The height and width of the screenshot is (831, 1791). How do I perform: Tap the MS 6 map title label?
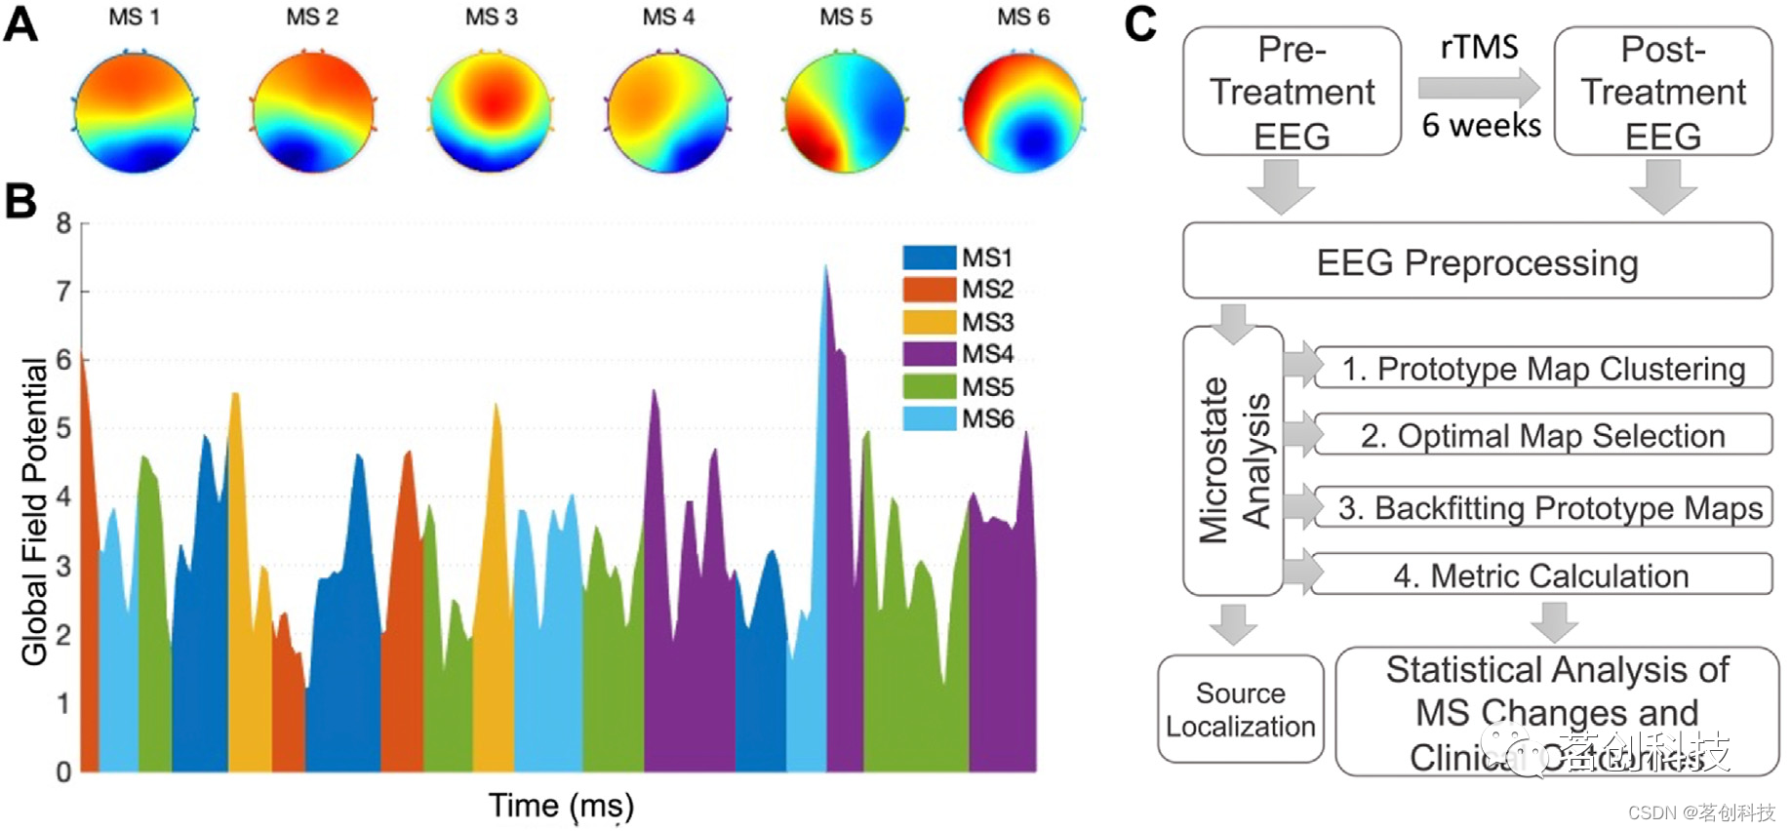[x=1022, y=18]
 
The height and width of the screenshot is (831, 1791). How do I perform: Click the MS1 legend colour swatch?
[x=929, y=257]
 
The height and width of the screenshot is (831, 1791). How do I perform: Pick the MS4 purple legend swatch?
[x=929, y=353]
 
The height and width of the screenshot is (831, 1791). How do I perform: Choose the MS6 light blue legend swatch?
[x=929, y=418]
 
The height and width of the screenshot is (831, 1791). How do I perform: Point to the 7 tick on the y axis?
[x=63, y=292]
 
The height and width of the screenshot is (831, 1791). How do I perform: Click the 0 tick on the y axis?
[x=63, y=772]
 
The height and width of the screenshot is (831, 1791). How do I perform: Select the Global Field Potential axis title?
[x=34, y=512]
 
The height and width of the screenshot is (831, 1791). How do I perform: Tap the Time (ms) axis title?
[x=561, y=806]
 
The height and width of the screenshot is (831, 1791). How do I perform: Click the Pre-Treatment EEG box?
[x=1292, y=92]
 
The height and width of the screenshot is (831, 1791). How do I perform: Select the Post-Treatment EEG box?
[x=1662, y=92]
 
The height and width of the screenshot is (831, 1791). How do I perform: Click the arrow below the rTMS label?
[x=1479, y=88]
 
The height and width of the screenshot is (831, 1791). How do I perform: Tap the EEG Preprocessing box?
[x=1477, y=261]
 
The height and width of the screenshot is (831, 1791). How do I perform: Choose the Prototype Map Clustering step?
[x=1543, y=369]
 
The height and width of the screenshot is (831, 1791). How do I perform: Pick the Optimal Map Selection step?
[x=1543, y=435]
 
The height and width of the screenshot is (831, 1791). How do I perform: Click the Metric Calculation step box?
[x=1541, y=575]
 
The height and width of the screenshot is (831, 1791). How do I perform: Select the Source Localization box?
[x=1240, y=709]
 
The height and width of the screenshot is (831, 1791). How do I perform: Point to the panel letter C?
[x=1139, y=23]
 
